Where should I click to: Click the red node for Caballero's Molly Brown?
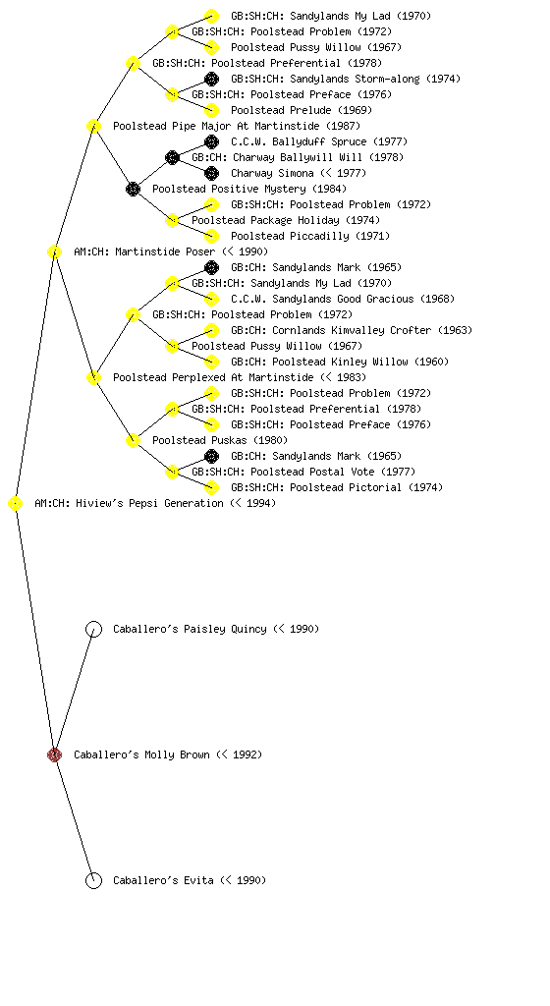click(54, 754)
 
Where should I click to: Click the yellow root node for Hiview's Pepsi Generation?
click(15, 503)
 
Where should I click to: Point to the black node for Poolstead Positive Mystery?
click(133, 189)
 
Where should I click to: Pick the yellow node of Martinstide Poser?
click(54, 251)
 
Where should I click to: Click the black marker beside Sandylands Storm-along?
click(211, 79)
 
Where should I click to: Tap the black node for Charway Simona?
click(211, 173)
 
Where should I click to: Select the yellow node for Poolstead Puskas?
click(133, 440)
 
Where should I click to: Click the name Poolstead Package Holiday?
click(265, 220)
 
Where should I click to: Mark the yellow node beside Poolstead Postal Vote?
click(172, 472)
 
